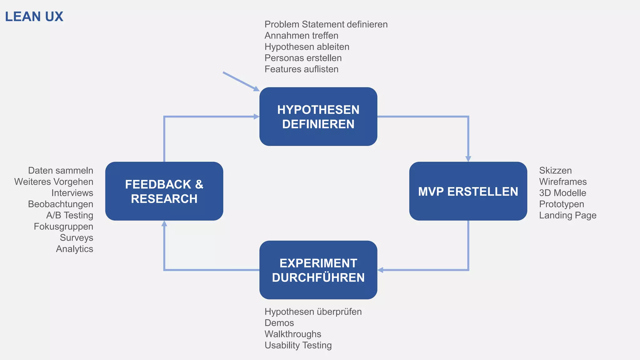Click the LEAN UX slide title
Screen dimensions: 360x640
(34, 17)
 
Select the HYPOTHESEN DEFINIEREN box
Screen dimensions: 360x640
(318, 117)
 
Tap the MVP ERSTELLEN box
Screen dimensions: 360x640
(468, 191)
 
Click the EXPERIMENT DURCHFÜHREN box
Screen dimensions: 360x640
(318, 270)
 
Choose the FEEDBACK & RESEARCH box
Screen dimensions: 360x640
(164, 191)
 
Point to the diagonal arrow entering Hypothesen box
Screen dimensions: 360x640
(241, 81)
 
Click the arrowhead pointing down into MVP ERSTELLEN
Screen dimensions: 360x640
(468, 159)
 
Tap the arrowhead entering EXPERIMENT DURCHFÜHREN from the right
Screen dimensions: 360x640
(381, 270)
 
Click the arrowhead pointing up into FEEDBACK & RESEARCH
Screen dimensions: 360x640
(164, 224)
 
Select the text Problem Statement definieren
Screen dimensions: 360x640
(326, 24)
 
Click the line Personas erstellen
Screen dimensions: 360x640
(303, 58)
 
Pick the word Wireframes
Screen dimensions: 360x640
(562, 182)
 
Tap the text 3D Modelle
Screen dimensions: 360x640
(562, 193)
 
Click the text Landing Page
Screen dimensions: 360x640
(567, 215)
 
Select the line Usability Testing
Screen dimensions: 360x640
(298, 345)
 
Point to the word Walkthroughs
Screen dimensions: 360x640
(292, 334)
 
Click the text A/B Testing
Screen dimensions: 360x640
(70, 215)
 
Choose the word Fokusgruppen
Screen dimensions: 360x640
(63, 227)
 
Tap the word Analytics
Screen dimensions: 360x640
(74, 249)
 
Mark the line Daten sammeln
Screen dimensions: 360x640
(61, 171)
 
